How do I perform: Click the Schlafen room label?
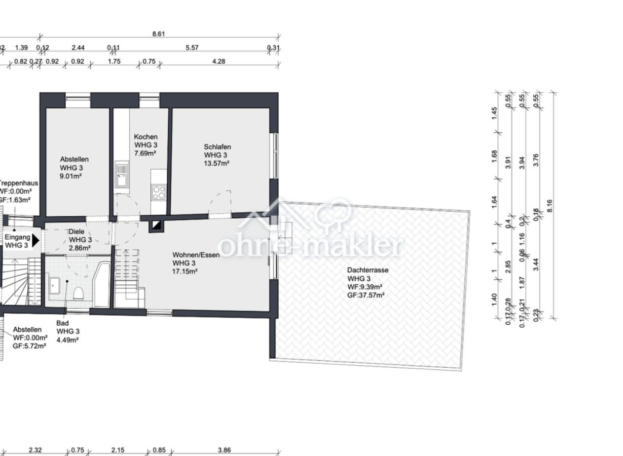coord(217,147)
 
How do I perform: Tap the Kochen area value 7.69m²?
coord(145,153)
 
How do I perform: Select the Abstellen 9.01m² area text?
coord(71,176)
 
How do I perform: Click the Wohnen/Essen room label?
coord(196,255)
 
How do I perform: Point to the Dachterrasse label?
coord(368,270)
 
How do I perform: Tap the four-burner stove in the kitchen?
coord(159,192)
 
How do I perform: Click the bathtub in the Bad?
coord(101,284)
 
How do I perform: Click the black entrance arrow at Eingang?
coord(35,240)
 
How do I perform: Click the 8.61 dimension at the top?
coord(159,34)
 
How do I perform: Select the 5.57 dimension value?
coord(192,48)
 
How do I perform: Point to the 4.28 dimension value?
coord(218,61)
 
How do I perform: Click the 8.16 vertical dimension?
coord(550,206)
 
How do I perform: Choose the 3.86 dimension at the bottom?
coord(224,450)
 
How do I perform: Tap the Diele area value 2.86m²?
coord(80,248)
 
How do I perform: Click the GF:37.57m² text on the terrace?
coord(365,295)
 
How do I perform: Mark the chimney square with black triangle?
coord(156,225)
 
